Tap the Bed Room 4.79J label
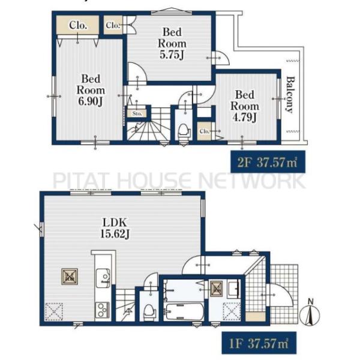click(x=244, y=106)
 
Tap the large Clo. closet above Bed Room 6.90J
click(x=77, y=25)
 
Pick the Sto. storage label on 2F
click(x=136, y=113)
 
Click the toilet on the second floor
click(x=184, y=130)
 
